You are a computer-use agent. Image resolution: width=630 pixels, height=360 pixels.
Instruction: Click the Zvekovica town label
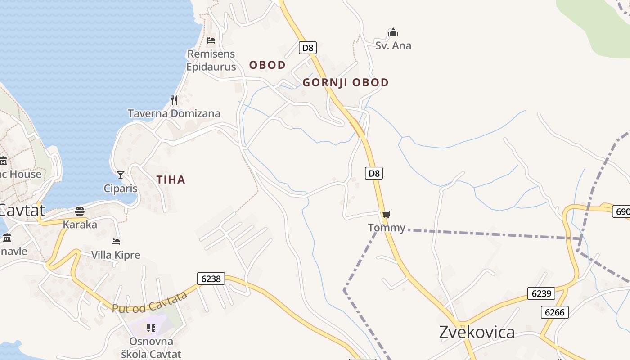pyautogui.click(x=477, y=332)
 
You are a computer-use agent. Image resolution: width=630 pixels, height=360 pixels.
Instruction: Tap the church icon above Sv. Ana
pyautogui.click(x=393, y=32)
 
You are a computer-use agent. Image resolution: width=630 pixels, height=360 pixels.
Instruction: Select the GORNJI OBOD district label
pyautogui.click(x=346, y=83)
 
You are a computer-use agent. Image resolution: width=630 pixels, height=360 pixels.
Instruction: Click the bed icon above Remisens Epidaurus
pyautogui.click(x=211, y=40)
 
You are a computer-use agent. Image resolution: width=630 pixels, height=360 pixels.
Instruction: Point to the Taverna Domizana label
pyautogui.click(x=174, y=113)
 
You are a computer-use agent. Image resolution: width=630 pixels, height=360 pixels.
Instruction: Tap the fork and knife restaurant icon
pyautogui.click(x=174, y=100)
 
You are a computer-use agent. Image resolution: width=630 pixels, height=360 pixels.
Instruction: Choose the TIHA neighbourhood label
pyautogui.click(x=171, y=180)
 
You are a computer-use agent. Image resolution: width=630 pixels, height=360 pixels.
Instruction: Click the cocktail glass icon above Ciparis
pyautogui.click(x=120, y=175)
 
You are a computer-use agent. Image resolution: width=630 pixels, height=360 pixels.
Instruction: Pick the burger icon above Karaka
pyautogui.click(x=80, y=211)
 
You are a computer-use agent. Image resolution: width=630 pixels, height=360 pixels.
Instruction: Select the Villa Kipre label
pyautogui.click(x=116, y=255)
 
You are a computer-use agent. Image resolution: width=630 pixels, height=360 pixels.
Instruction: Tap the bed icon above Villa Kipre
pyautogui.click(x=116, y=242)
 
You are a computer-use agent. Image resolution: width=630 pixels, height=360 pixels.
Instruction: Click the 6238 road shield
pyautogui.click(x=211, y=279)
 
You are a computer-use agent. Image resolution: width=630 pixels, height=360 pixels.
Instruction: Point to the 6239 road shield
pyautogui.click(x=541, y=293)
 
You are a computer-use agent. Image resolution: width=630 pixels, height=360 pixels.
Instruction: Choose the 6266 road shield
pyautogui.click(x=554, y=312)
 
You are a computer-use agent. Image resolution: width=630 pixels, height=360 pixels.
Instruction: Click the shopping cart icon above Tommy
pyautogui.click(x=386, y=214)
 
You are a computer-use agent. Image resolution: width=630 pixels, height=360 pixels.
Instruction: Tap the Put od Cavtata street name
pyautogui.click(x=150, y=302)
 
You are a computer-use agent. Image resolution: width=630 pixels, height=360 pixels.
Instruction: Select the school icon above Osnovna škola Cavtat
pyautogui.click(x=151, y=328)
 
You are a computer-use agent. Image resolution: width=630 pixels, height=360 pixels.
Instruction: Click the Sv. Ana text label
pyautogui.click(x=393, y=46)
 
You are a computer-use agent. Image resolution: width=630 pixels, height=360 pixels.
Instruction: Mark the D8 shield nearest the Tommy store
pyautogui.click(x=373, y=173)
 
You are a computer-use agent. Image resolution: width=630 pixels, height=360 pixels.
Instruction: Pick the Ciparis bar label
pyautogui.click(x=121, y=188)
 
